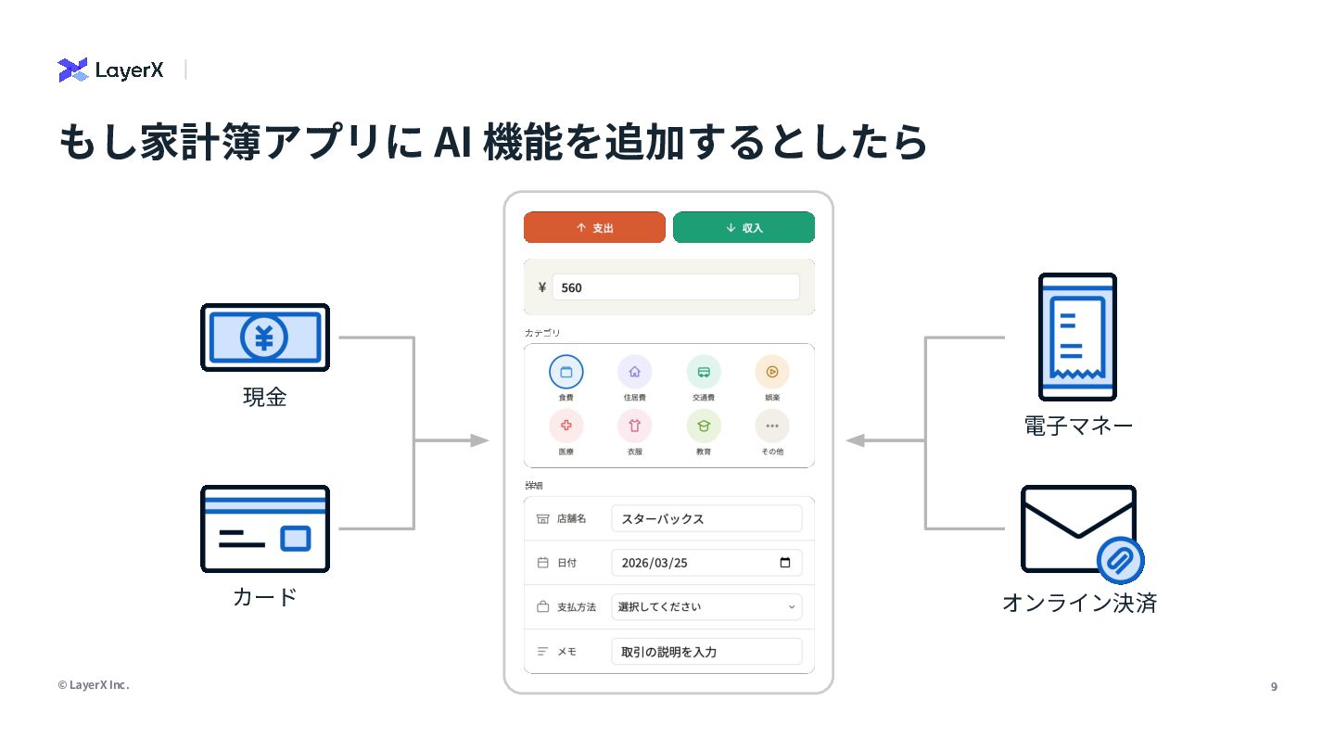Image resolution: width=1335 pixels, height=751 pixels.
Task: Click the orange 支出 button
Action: coord(594,227)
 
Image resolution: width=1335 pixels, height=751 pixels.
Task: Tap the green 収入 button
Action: coord(744,227)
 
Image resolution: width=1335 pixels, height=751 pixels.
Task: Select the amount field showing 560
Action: coord(675,287)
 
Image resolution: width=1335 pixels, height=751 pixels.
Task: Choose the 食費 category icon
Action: coord(566,372)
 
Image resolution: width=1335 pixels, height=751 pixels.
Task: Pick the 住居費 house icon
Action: coord(634,372)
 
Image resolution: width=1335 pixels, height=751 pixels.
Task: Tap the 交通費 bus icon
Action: coord(704,372)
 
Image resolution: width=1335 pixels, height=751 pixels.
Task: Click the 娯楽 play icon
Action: coord(772,372)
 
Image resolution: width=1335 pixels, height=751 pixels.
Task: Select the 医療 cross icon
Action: coord(566,426)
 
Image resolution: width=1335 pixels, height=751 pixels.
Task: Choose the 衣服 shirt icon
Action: coord(634,426)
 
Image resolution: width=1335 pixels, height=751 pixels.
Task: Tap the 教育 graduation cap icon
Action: coord(704,426)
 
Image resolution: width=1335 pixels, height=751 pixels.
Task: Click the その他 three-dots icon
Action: coord(772,426)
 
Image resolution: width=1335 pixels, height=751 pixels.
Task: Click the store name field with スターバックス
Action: coord(706,518)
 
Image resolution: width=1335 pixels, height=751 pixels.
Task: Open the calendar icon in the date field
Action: coord(785,563)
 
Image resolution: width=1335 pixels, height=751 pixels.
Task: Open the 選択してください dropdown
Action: coord(706,607)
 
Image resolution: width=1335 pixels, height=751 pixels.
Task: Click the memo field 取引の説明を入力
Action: coord(706,652)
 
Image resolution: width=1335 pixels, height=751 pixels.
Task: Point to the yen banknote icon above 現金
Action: coord(265,337)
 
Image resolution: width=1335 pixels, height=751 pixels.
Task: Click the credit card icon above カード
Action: coord(265,528)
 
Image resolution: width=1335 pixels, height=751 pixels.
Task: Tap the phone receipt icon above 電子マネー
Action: coord(1077,337)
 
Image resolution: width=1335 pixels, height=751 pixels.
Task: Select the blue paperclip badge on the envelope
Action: coord(1120,560)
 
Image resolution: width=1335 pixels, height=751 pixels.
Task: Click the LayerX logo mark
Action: coord(73,70)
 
